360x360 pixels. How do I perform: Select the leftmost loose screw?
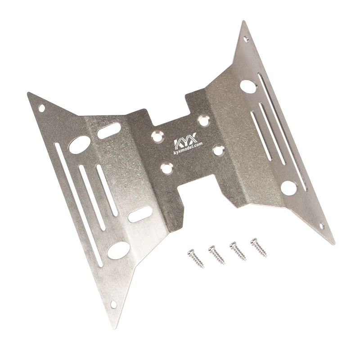196,258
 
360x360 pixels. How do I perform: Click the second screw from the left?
216,255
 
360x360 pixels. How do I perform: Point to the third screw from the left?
238,251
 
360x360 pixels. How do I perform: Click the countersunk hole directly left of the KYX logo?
157,136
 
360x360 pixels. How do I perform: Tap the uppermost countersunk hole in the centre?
204,121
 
